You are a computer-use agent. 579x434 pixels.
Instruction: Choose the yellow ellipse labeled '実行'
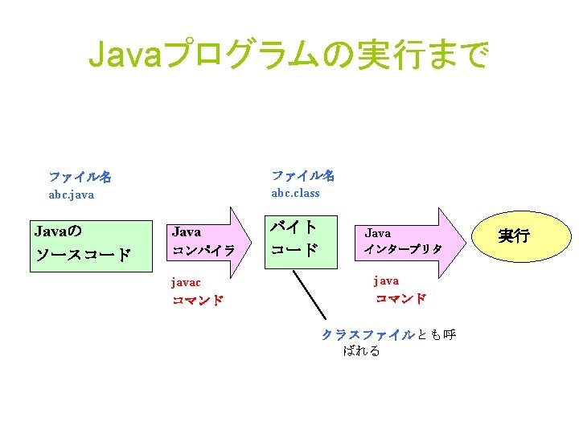point(513,236)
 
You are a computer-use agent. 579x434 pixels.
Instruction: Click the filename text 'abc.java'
point(72,194)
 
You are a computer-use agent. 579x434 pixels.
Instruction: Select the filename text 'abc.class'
point(295,193)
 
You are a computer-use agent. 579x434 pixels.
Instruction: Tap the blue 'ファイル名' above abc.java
point(80,176)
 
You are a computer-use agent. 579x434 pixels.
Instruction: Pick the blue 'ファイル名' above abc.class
point(302,175)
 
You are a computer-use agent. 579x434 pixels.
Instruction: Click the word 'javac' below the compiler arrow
point(187,282)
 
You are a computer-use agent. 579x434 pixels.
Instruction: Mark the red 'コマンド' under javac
point(197,301)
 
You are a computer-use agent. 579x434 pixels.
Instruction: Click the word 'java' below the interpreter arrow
point(386,280)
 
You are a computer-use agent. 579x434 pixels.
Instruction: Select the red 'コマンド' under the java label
point(400,299)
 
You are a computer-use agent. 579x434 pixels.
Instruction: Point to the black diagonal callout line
point(310,294)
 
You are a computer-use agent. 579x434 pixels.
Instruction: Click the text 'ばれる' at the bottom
point(361,351)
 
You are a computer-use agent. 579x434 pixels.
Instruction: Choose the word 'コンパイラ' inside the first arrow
point(203,251)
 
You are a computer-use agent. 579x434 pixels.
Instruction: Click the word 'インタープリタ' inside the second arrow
point(403,249)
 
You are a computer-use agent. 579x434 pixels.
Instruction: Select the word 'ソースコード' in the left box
point(83,256)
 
